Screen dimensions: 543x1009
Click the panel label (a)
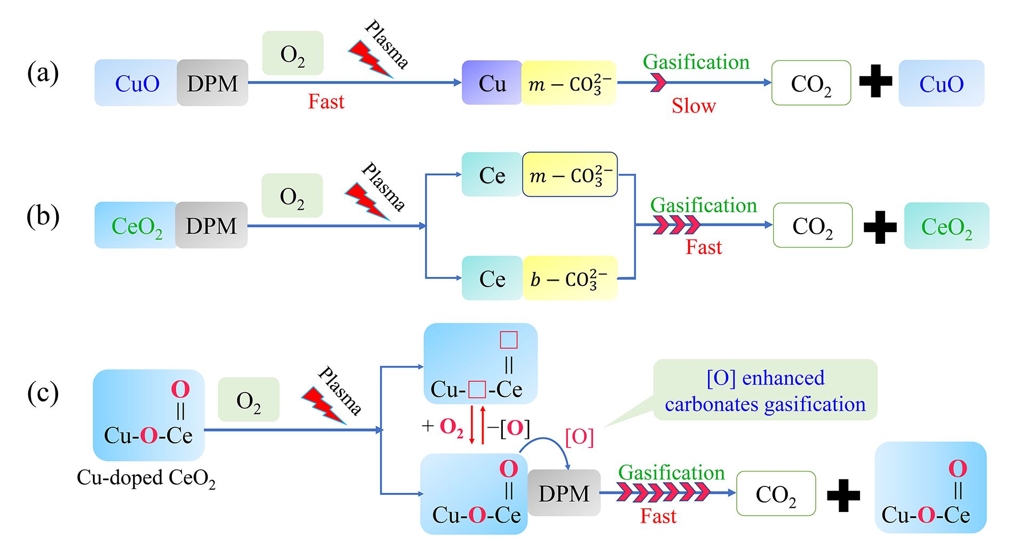[43, 73]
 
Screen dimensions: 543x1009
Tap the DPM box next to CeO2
[211, 226]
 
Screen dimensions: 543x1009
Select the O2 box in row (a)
[293, 53]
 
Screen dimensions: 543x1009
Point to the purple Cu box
[492, 83]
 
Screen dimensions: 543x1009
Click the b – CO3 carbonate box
[570, 278]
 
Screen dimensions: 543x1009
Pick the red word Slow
[693, 106]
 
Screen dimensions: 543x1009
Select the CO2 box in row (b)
[813, 226]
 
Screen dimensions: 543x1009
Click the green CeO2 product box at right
[947, 226]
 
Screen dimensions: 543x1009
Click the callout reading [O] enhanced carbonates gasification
[765, 390]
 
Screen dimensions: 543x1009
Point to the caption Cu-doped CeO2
[146, 478]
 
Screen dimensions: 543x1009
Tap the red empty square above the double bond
[508, 340]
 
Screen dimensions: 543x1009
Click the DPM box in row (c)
[564, 493]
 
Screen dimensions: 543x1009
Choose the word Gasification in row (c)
[671, 473]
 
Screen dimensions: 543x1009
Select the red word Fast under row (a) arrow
[326, 101]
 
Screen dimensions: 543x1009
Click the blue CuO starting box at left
[137, 83]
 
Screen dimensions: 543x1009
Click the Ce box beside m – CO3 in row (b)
[492, 175]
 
